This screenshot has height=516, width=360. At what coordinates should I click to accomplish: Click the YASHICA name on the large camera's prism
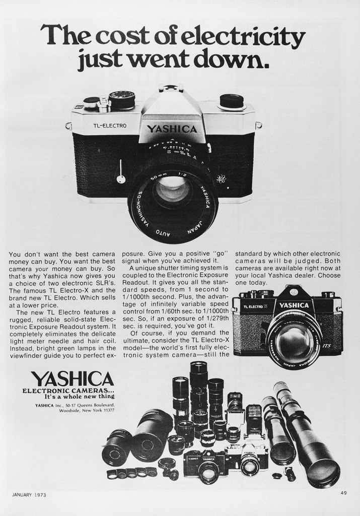pos(172,129)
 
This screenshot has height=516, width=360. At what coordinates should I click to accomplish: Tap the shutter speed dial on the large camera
pos(121,99)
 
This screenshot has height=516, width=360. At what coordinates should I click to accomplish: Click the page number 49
pos(343,493)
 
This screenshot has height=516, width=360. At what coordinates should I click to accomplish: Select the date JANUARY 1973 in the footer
pos(29,494)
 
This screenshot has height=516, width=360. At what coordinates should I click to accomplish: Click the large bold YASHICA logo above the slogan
pos(72,379)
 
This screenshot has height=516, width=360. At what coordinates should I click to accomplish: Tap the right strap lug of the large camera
pos(258,124)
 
